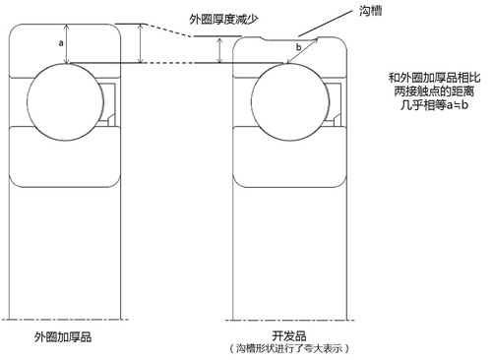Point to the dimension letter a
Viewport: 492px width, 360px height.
point(62,44)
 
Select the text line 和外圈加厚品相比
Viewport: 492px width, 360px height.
point(431,78)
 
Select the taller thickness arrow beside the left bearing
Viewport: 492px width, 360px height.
point(143,42)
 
